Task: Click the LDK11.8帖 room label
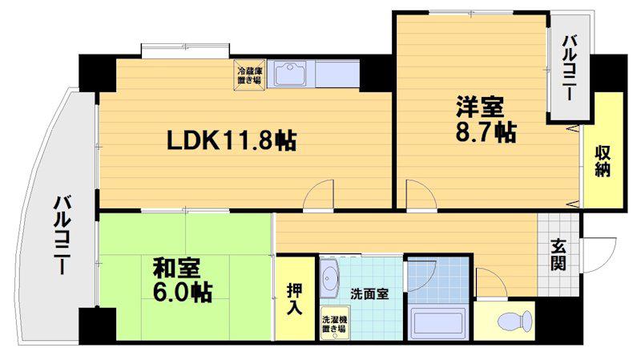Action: pyautogui.click(x=232, y=141)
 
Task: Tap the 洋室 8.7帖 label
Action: pyautogui.click(x=486, y=119)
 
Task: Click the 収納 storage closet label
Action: pyautogui.click(x=603, y=161)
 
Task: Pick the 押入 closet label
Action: pyautogui.click(x=294, y=299)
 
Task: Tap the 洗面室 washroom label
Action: pyautogui.click(x=369, y=293)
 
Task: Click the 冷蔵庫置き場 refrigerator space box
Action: pyautogui.click(x=250, y=75)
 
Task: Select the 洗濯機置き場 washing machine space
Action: pyautogui.click(x=334, y=323)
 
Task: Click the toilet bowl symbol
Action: pyautogui.click(x=516, y=320)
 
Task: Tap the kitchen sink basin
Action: pyautogui.click(x=290, y=74)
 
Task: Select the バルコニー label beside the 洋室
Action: pyautogui.click(x=570, y=68)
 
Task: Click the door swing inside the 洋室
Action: pyautogui.click(x=421, y=195)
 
